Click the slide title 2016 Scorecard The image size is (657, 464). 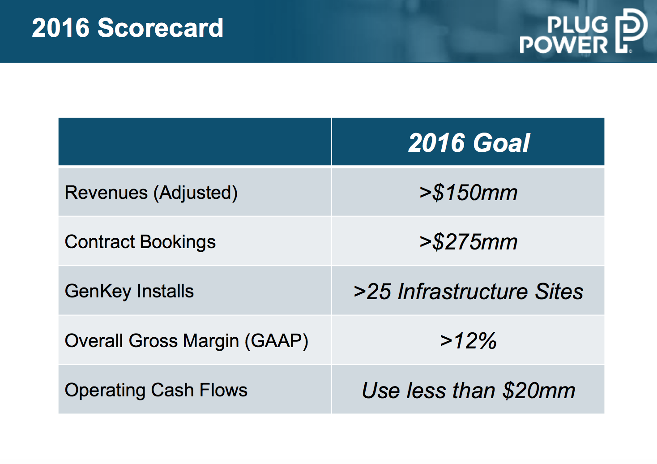(x=128, y=28)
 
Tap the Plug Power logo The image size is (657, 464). (x=583, y=31)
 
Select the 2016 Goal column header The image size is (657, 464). (x=469, y=143)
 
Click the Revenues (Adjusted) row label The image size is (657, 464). (x=151, y=193)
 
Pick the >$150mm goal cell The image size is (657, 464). (x=468, y=193)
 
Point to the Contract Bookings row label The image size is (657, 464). (x=140, y=242)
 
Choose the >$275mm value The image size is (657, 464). (x=468, y=242)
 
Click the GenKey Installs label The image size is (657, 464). (x=129, y=291)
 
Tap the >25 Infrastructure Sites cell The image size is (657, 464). (x=468, y=292)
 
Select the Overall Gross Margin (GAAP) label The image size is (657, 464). (x=186, y=341)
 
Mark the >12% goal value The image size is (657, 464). (x=468, y=341)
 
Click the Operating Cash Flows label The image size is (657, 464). (x=156, y=390)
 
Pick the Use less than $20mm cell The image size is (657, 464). (x=468, y=391)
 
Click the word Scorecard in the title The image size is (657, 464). (x=160, y=28)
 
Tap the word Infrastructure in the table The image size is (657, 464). (x=463, y=292)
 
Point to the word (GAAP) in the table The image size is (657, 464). (x=276, y=341)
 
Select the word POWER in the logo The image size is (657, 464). (x=564, y=45)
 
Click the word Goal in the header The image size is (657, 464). (x=501, y=143)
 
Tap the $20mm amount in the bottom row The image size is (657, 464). (x=539, y=391)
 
